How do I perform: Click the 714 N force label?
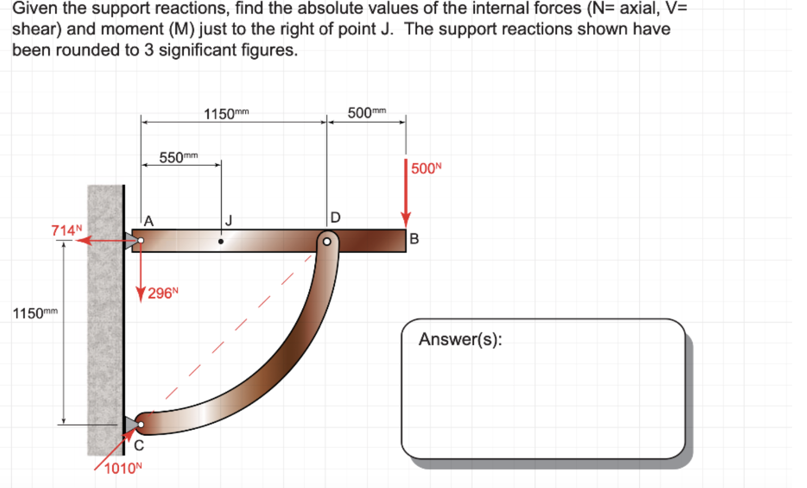click(67, 230)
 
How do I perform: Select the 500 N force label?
click(426, 169)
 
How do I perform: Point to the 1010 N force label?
click(123, 468)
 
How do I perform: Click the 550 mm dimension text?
click(178, 157)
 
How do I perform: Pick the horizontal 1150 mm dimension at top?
click(226, 114)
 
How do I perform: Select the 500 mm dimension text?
click(367, 113)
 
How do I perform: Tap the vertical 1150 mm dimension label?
click(35, 313)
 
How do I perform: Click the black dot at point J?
click(221, 241)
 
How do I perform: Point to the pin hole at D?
click(327, 242)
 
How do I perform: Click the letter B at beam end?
click(414, 239)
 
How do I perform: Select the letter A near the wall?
click(149, 221)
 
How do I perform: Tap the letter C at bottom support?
click(139, 445)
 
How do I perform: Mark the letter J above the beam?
click(229, 220)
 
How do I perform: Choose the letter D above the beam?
click(335, 217)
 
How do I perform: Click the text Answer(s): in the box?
click(460, 339)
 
